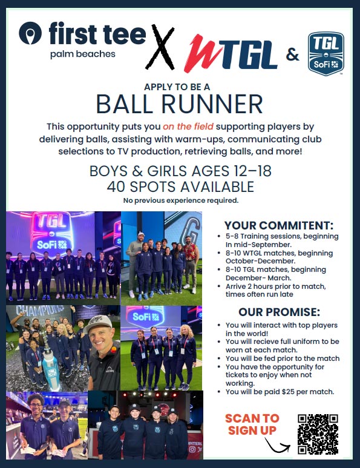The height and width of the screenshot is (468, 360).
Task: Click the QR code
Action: (x=318, y=434)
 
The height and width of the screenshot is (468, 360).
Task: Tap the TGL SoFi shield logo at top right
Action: (x=326, y=54)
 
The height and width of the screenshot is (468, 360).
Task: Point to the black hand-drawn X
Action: (x=160, y=47)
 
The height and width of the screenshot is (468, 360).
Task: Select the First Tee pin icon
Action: (x=30, y=33)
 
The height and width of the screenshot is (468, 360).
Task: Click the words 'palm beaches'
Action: (x=83, y=54)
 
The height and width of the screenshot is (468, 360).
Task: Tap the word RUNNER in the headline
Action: (x=212, y=104)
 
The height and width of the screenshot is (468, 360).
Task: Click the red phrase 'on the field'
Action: (x=188, y=127)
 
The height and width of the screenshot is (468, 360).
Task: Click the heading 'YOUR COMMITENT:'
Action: (x=279, y=225)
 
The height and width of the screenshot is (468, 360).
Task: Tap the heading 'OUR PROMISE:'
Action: (x=279, y=312)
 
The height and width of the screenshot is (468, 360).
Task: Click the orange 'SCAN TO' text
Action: (x=252, y=418)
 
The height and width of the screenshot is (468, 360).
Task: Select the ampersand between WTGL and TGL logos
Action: (x=293, y=54)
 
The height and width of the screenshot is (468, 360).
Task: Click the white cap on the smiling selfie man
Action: (x=98, y=323)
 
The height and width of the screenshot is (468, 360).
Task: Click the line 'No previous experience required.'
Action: (x=181, y=200)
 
